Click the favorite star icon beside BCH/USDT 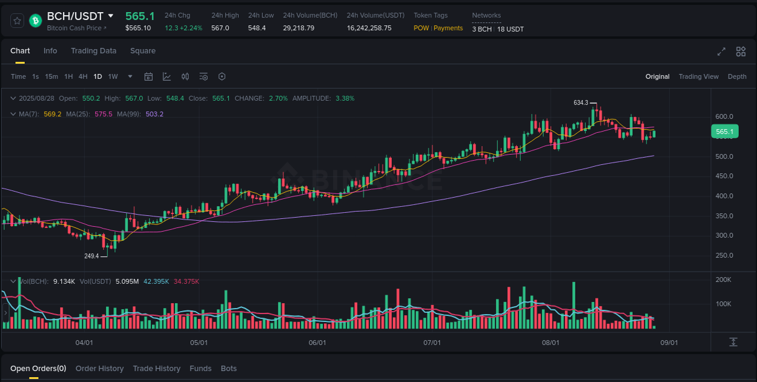point(18,21)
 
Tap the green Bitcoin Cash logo point(35,21)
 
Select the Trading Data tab point(93,51)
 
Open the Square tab point(143,51)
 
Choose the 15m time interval point(51,76)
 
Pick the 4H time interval point(83,76)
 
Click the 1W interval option point(113,76)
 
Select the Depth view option point(737,76)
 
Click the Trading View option point(698,76)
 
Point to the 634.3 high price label point(581,103)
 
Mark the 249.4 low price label point(91,256)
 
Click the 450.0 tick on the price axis point(724,176)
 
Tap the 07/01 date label point(432,343)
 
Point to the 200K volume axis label point(724,280)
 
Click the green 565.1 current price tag point(724,132)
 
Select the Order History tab point(99,369)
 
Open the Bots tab point(229,369)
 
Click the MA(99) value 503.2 point(154,114)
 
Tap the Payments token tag point(448,28)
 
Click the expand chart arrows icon point(721,52)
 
